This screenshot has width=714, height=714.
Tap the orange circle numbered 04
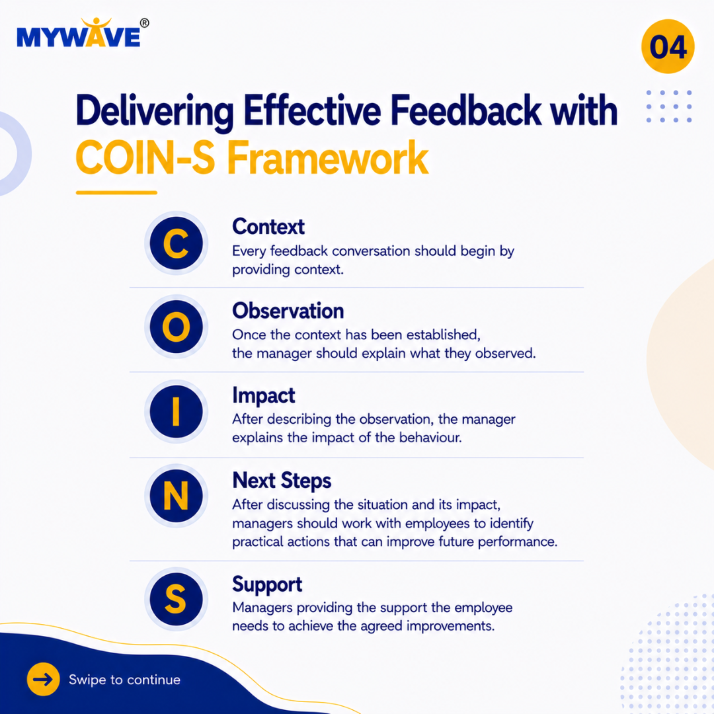[668, 46]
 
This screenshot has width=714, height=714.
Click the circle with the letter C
[177, 243]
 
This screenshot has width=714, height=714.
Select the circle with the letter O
[177, 327]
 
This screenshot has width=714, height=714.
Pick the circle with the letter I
[177, 411]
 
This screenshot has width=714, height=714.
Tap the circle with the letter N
[177, 495]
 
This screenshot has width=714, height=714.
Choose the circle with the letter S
[177, 599]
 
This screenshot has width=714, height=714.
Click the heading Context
[268, 227]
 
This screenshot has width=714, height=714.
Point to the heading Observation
[288, 311]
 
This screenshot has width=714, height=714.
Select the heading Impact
[264, 396]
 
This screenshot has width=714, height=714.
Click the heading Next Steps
[282, 481]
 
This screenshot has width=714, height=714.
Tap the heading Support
[267, 585]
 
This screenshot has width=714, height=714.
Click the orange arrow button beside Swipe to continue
[43, 680]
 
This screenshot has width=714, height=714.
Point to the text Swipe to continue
[124, 680]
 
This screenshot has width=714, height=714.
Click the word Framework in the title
[328, 157]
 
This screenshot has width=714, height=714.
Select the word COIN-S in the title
[145, 157]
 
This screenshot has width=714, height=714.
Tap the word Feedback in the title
[466, 110]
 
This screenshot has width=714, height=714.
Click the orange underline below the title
[116, 192]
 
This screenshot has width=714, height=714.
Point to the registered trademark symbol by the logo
[144, 22]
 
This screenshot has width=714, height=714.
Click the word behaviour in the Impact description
[430, 438]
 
